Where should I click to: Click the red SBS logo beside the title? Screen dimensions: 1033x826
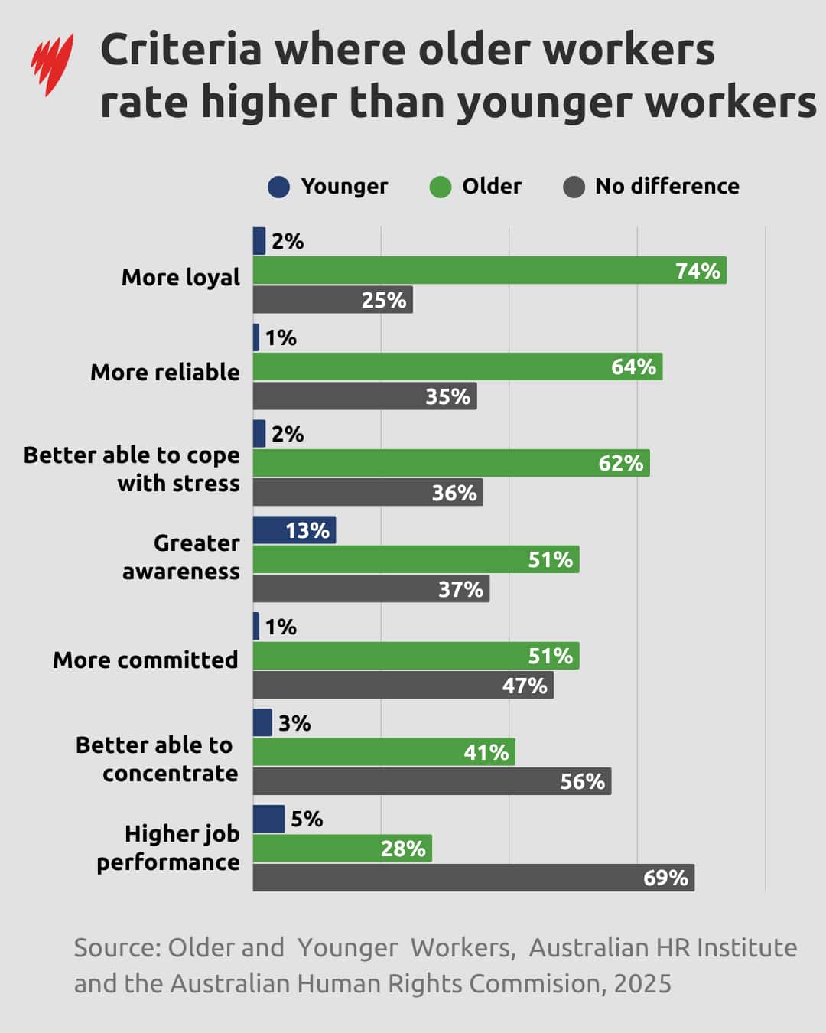coord(52,64)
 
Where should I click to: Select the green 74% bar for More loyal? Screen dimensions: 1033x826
coord(489,271)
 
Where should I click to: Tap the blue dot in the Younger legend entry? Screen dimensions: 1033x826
coord(279,187)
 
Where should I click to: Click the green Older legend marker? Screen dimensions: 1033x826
coord(441,187)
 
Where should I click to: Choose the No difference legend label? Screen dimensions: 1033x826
coord(667,187)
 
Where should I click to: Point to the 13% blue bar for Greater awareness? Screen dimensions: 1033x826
coord(294,530)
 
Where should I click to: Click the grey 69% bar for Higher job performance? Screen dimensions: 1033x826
coord(473,878)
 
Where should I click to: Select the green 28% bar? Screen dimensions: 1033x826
coord(342,849)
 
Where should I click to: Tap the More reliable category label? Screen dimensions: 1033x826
coord(165,373)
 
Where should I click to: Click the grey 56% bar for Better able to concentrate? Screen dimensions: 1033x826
coord(432,781)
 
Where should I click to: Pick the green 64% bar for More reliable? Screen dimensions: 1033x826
coord(457,367)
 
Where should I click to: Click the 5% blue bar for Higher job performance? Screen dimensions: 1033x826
coord(268,819)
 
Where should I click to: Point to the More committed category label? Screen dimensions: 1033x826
coord(145,660)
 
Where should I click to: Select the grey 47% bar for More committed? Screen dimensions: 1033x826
coord(403,686)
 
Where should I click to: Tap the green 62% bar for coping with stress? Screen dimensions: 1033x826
coord(451,464)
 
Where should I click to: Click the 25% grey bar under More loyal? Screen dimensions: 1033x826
coord(333,300)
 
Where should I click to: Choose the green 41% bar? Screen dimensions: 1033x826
coord(384,752)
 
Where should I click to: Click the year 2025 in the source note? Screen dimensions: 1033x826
coord(642,984)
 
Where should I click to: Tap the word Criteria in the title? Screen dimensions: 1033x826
coord(181,51)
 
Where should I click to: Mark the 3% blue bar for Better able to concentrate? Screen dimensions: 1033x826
coord(262,723)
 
